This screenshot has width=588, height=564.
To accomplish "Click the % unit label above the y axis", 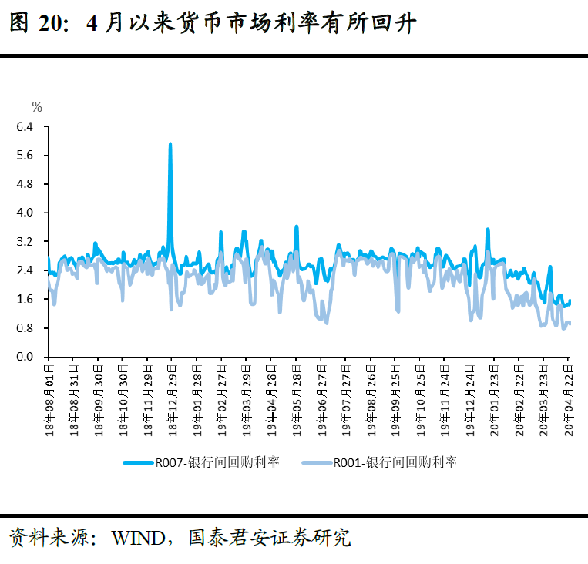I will click(x=36, y=106).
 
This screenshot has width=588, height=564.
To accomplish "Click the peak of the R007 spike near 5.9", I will click(x=170, y=144).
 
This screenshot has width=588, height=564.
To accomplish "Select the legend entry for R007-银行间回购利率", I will click(x=202, y=462).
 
